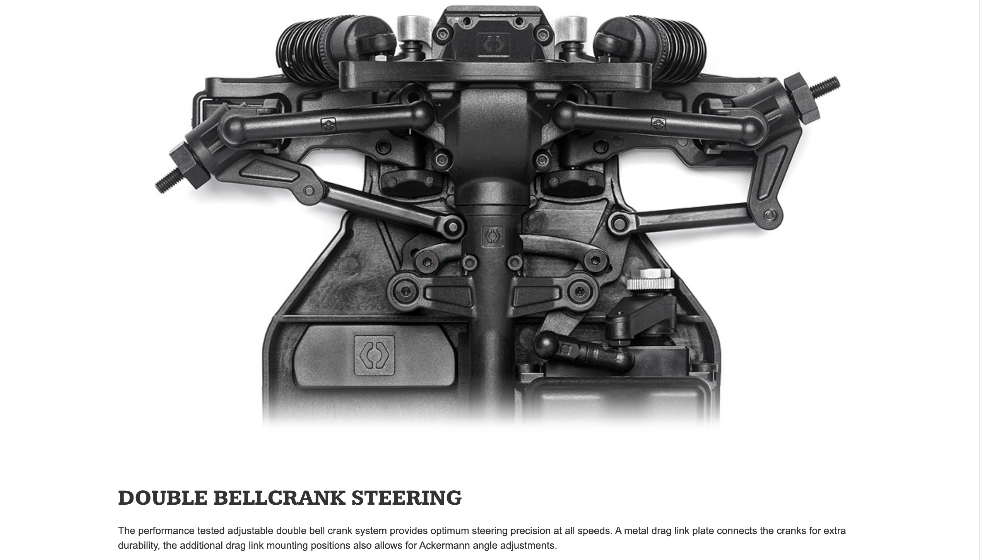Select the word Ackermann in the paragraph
444,545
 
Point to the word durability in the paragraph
138,545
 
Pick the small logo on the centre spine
493,236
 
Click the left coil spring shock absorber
306,50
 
